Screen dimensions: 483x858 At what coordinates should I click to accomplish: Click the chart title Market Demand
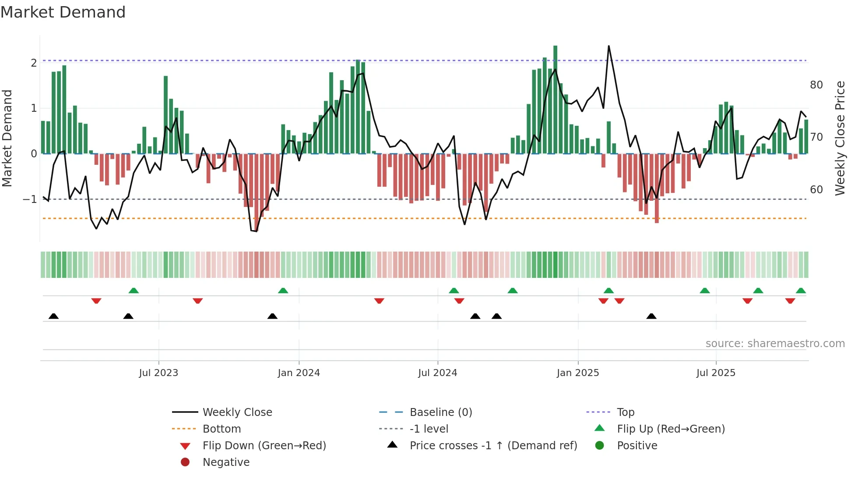(x=63, y=12)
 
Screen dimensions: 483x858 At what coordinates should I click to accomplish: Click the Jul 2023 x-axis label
(x=158, y=373)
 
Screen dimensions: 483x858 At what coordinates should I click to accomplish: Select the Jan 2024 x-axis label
(x=299, y=373)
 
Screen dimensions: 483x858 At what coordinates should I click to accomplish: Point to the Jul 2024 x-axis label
(x=437, y=373)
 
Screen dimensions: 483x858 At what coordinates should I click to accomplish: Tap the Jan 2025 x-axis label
(x=578, y=373)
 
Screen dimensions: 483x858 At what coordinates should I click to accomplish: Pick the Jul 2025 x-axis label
(x=716, y=373)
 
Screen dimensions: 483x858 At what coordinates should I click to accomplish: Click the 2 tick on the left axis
(x=34, y=63)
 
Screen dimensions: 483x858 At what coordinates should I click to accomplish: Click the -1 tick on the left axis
(x=30, y=199)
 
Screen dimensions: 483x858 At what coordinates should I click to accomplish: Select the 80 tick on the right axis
(x=816, y=85)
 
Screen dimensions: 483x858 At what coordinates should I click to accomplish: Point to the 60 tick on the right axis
(x=816, y=190)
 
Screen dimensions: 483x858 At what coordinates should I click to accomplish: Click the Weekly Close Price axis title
(x=840, y=138)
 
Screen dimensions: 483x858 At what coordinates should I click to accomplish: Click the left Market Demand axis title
(x=7, y=138)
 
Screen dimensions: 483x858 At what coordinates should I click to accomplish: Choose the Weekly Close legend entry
(x=237, y=412)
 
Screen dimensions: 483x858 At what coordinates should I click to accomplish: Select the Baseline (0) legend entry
(x=440, y=412)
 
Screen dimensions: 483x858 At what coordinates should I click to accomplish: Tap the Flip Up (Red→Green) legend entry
(x=671, y=429)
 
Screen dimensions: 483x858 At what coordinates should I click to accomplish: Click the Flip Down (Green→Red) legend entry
(x=264, y=446)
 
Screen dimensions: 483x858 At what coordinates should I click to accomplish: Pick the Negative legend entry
(x=226, y=462)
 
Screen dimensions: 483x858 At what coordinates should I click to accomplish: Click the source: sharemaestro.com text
(x=775, y=344)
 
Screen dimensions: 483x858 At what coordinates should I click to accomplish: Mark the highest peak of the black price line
(x=608, y=46)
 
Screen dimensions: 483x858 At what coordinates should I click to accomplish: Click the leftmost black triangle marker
(x=53, y=316)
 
